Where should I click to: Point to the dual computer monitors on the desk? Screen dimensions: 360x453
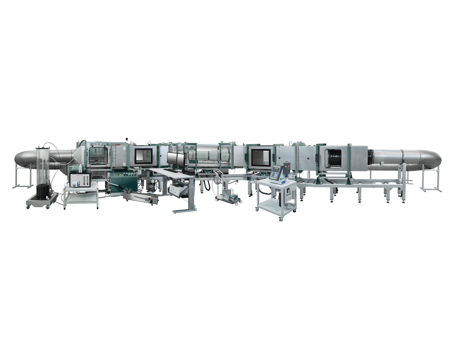(175, 159)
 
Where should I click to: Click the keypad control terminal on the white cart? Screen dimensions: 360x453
(276, 172)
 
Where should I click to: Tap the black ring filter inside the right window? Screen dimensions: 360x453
(334, 157)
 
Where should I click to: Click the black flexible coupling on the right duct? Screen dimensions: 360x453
(370, 157)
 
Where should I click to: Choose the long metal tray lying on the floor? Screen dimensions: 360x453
(140, 198)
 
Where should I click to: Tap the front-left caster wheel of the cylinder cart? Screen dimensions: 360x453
(29, 207)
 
